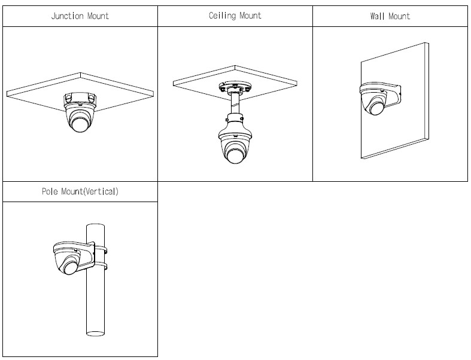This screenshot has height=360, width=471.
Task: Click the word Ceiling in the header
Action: pos(223,16)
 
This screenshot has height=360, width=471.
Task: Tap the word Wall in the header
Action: pos(378,16)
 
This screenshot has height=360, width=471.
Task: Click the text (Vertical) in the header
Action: pos(99,193)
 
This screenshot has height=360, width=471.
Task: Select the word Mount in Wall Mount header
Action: pos(400,16)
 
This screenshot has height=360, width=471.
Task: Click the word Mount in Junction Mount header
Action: pos(97,16)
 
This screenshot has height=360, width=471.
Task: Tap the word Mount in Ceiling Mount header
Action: pos(251,16)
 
